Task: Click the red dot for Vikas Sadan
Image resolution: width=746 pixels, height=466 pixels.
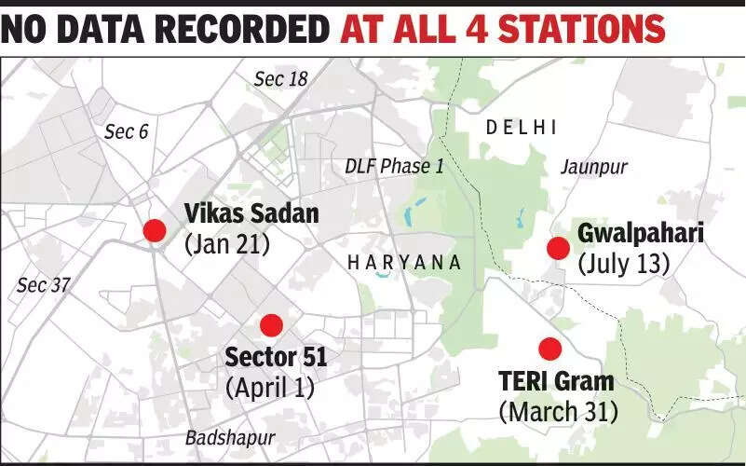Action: [154, 230]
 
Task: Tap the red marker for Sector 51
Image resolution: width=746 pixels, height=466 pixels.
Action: [271, 325]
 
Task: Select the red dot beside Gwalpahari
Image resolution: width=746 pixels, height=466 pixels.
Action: [558, 248]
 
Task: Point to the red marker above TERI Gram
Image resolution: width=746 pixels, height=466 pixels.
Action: [550, 349]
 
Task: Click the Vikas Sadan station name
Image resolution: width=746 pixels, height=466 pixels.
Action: [251, 213]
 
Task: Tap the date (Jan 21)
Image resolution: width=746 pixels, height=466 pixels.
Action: [227, 244]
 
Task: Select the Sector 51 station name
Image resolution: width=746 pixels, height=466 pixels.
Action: [276, 357]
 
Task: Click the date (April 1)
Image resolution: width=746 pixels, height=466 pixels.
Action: [270, 387]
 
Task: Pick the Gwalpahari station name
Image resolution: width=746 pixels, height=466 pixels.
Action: [640, 233]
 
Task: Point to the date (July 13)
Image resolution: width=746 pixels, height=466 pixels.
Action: [624, 264]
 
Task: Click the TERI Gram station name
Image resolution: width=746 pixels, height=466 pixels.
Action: [556, 380]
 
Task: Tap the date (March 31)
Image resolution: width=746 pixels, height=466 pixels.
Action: [559, 410]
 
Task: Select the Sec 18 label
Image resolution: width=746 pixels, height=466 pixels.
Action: [280, 79]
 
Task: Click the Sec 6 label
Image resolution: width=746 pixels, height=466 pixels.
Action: [126, 131]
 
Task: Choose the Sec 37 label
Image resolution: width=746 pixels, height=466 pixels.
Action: [44, 285]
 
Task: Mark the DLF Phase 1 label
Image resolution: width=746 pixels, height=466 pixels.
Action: [394, 166]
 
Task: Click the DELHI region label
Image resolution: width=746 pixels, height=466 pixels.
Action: [522, 128]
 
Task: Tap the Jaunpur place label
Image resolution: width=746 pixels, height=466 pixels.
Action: [594, 167]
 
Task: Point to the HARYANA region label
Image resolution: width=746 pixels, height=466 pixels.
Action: [404, 263]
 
